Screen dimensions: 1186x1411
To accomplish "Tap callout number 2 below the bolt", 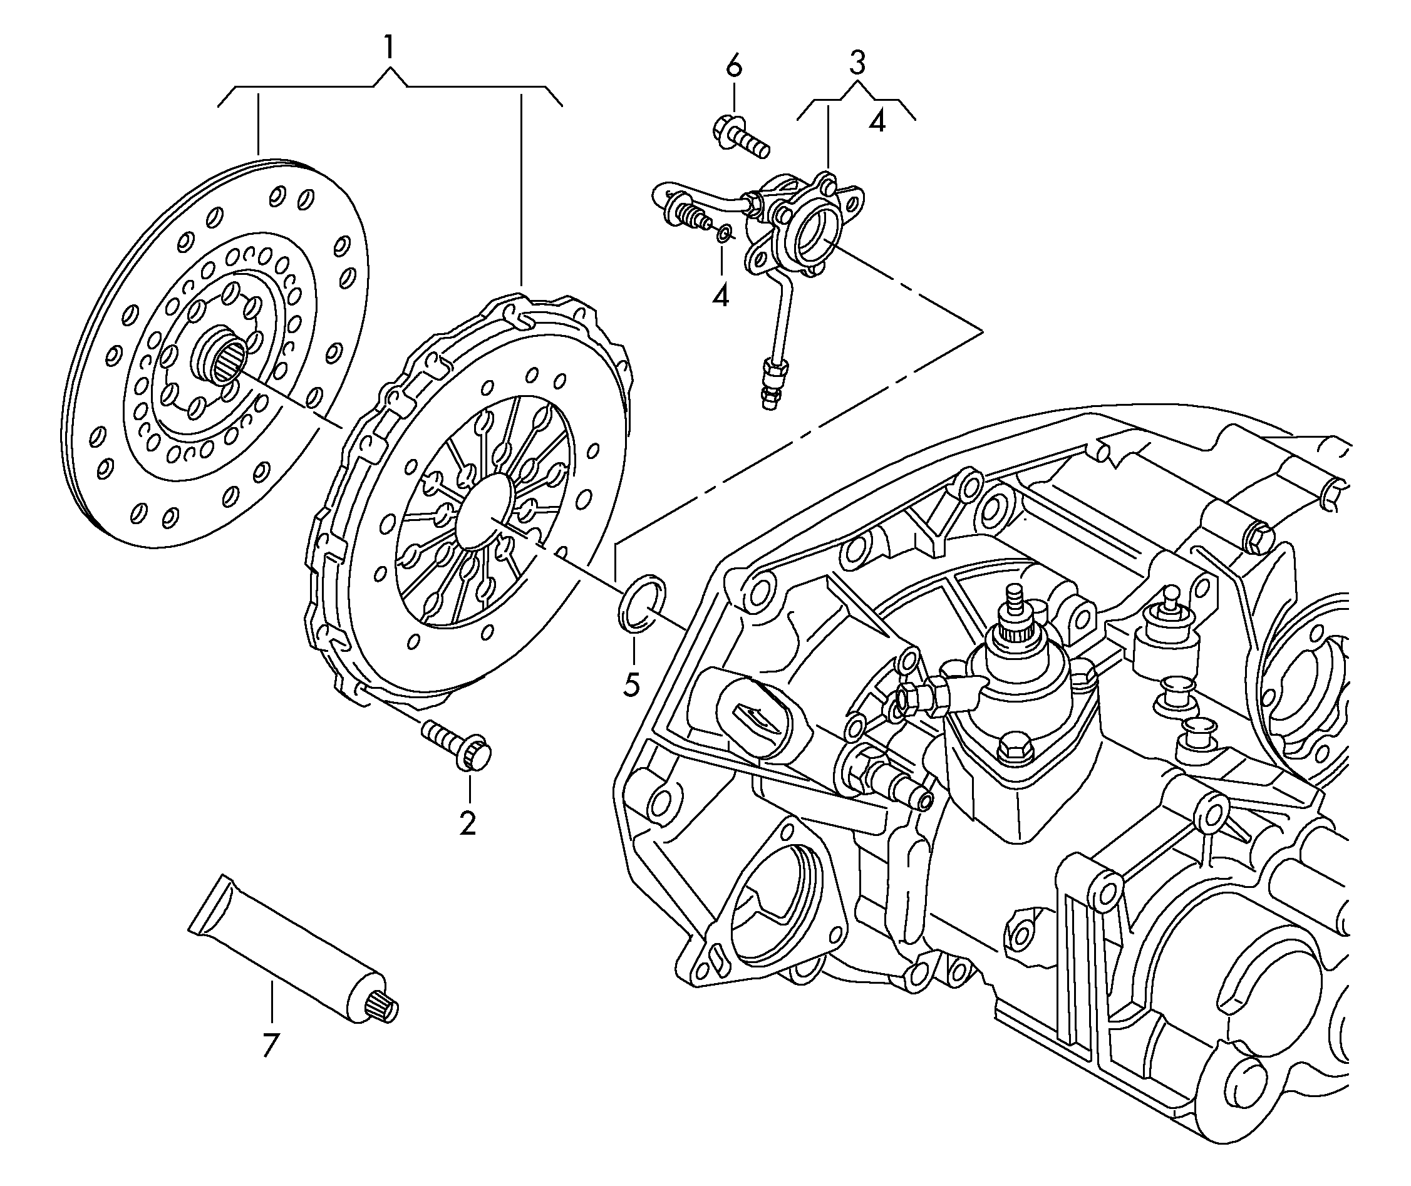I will tap(467, 823).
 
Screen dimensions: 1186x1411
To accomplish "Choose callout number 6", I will tap(734, 66).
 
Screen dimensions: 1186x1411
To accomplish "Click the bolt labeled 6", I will tap(739, 137).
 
